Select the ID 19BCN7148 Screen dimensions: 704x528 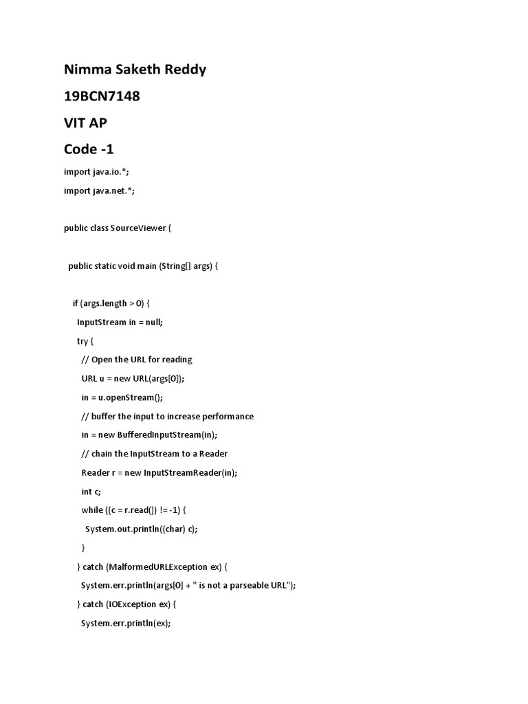pyautogui.click(x=102, y=96)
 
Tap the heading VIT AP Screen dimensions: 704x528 pyautogui.click(x=85, y=122)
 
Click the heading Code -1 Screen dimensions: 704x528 pyautogui.click(x=89, y=148)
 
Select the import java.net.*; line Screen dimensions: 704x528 pyautogui.click(x=99, y=190)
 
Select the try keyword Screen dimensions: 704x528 pyautogui.click(x=82, y=340)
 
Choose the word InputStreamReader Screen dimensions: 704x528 pyautogui.click(x=180, y=472)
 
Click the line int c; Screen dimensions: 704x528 pyautogui.click(x=91, y=491)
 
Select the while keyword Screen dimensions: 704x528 pyautogui.click(x=92, y=510)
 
